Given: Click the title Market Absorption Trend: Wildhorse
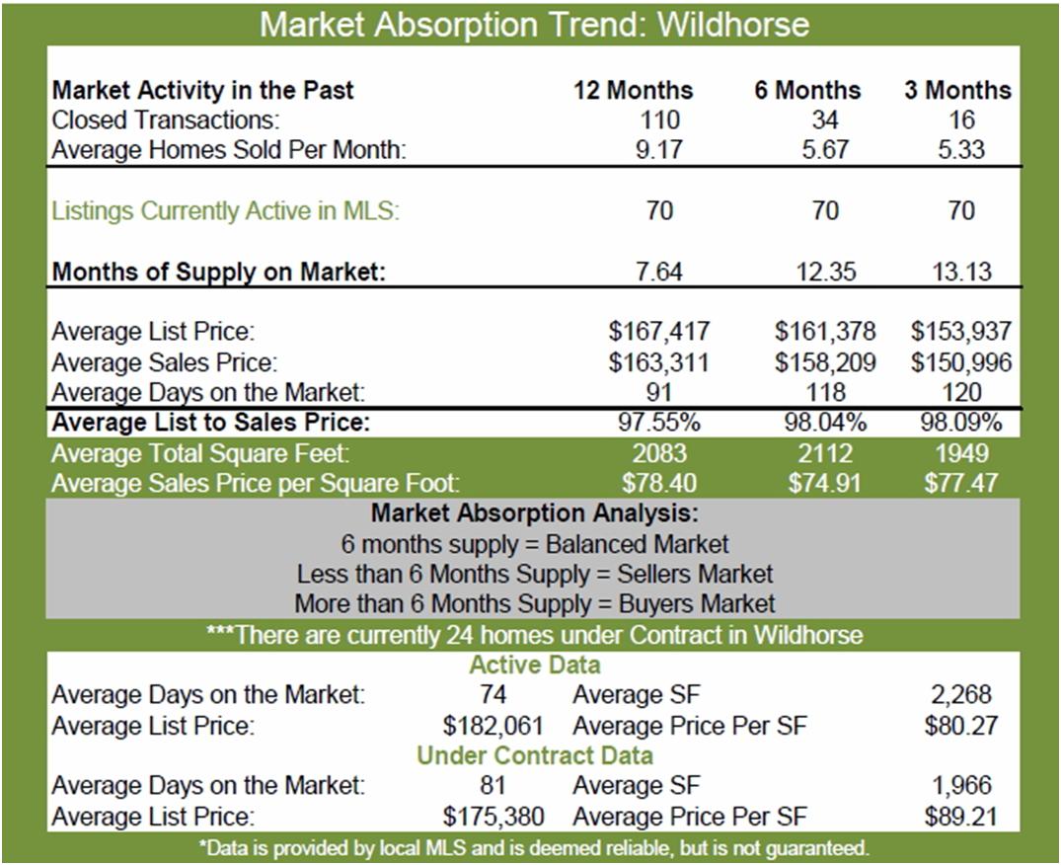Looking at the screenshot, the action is click(x=534, y=25).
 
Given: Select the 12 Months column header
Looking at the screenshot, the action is click(x=634, y=90).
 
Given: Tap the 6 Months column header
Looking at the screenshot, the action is click(x=807, y=90).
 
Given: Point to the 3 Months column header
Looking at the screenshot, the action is click(x=957, y=90).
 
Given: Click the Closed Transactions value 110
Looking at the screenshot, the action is click(x=659, y=119).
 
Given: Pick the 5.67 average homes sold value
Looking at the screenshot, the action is click(x=825, y=149).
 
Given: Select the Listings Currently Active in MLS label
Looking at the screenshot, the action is click(x=225, y=210).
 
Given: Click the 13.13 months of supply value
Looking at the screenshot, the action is click(x=961, y=272).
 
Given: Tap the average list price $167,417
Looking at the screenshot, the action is click(x=658, y=331).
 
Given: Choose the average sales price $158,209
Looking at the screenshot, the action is click(x=825, y=362).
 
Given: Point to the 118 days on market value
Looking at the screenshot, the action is click(x=825, y=392).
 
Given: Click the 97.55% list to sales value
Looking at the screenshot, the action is click(x=659, y=423).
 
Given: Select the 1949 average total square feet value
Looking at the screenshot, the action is click(x=961, y=453).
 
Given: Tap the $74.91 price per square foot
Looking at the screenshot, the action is click(x=825, y=483).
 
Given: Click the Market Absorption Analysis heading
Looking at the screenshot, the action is click(x=534, y=513).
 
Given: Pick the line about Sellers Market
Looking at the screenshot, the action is click(x=535, y=574).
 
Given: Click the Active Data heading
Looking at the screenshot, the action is click(x=535, y=665).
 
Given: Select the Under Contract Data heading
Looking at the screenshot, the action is click(x=535, y=755).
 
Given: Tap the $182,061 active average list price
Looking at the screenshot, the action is click(x=493, y=726).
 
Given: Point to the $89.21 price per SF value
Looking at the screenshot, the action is click(x=961, y=817).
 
